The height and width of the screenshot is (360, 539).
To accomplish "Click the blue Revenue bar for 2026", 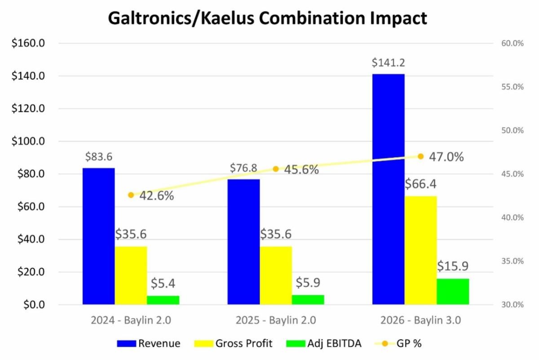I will (388, 189).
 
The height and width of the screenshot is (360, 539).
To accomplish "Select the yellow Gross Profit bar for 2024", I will (131, 275).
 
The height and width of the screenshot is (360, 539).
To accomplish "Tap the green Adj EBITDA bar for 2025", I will (308, 300).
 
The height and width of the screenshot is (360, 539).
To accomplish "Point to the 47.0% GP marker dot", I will (420, 156).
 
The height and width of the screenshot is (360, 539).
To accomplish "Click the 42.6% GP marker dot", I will (131, 195).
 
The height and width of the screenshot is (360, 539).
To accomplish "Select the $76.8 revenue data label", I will (243, 168).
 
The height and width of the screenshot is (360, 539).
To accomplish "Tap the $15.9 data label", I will (453, 267).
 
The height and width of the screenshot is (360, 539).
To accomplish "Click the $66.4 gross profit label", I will (420, 184).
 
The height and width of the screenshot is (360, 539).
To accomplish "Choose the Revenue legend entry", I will (149, 344).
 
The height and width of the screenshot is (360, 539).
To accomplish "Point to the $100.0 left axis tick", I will (30, 142).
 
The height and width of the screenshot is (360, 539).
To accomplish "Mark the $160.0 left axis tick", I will (30, 44).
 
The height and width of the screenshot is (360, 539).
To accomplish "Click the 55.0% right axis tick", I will (512, 87).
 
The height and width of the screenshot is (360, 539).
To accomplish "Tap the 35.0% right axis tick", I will (512, 261).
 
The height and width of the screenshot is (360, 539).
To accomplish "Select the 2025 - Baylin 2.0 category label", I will (276, 320).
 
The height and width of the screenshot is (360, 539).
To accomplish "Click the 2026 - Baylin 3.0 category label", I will (420, 320).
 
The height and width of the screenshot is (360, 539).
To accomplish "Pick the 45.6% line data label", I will (301, 170).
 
